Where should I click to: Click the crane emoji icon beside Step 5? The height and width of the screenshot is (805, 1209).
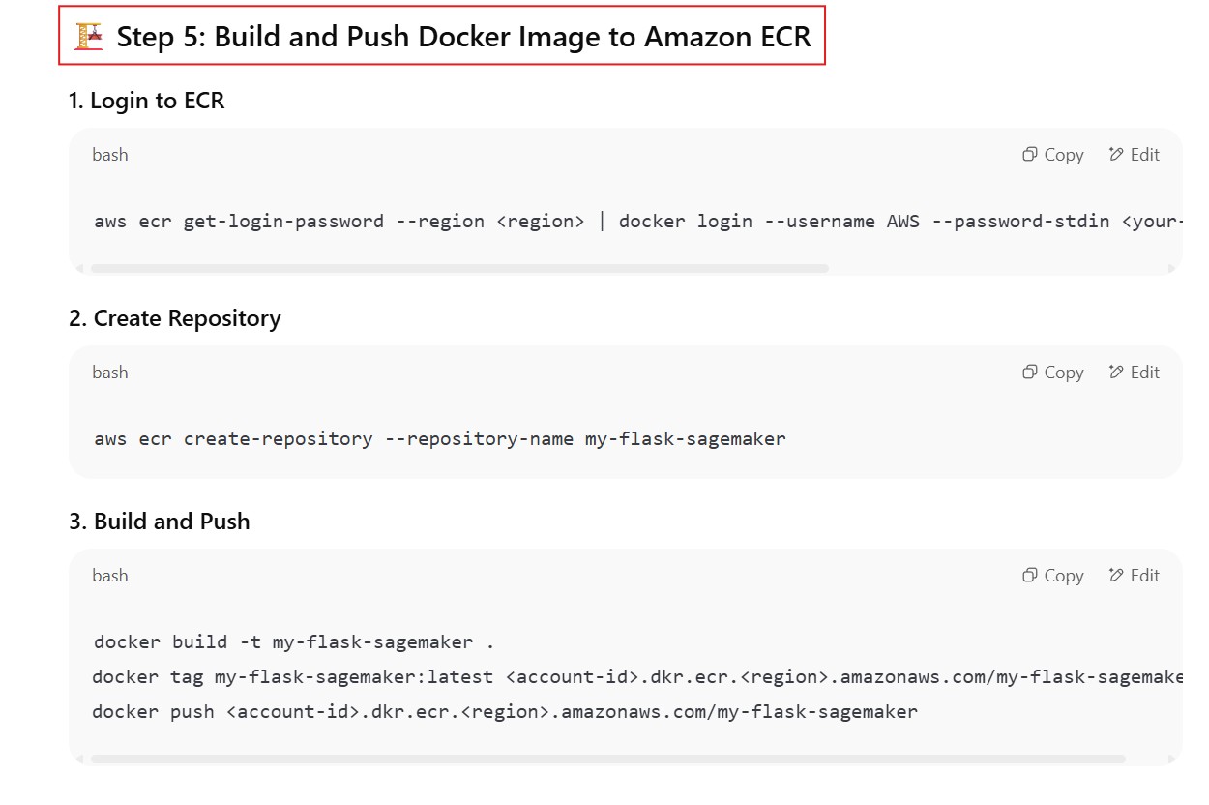pos(88,37)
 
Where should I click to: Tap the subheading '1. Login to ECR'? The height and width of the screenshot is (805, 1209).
pos(146,101)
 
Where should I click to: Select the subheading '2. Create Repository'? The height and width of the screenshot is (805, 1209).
pos(174,318)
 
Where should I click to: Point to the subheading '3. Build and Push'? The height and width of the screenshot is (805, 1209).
pos(159,522)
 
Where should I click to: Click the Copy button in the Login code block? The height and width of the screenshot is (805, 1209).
pos(1053,155)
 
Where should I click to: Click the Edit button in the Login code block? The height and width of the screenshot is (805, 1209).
pos(1135,155)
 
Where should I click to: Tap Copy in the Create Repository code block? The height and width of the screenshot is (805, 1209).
pos(1053,373)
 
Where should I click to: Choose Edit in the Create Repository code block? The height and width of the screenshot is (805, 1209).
pos(1135,373)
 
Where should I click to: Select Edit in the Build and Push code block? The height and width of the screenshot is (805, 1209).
pos(1135,576)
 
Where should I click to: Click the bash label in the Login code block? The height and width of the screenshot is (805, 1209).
pos(110,155)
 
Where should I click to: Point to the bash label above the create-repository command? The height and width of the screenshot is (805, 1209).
pos(110,373)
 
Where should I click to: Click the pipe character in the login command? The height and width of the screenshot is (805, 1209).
pos(602,221)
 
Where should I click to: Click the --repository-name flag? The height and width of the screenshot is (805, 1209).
pos(479,438)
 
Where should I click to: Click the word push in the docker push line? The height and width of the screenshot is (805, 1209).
pos(192,712)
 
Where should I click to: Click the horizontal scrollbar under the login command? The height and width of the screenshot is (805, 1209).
pos(459,268)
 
